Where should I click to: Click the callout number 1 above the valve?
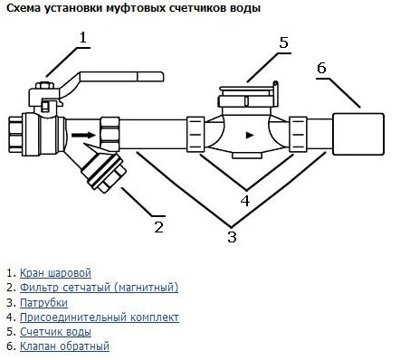coord(83,38)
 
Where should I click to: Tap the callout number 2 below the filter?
coord(158,227)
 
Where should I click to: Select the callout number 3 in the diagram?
coord(232,237)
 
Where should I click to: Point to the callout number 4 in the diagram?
coord(245,201)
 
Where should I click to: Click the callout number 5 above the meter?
coord(283,43)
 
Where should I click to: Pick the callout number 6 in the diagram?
coord(321,68)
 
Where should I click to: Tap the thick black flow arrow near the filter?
coord(83,135)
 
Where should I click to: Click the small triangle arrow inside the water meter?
coord(250,135)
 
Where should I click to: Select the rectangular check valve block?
coord(358,134)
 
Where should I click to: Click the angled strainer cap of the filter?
coord(104,173)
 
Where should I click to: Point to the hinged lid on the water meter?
coord(249,89)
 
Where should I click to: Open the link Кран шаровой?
coord(55,273)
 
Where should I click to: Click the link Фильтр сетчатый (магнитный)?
coord(99,288)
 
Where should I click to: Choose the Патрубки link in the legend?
coord(43,302)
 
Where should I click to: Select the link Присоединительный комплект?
coord(100,317)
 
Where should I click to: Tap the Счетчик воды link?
coord(55,332)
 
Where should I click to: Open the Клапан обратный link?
coord(64,346)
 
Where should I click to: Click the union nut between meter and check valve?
coord(298,134)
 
